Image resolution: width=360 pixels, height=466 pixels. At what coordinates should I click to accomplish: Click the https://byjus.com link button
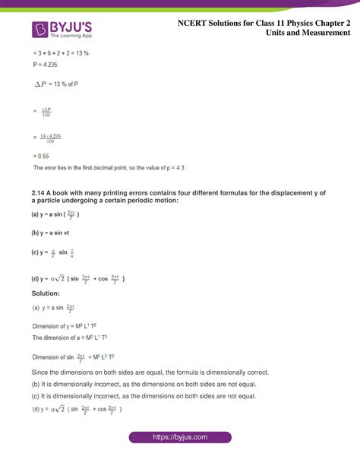(x=180, y=438)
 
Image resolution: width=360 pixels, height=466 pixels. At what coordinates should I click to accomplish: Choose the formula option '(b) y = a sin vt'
(x=52, y=233)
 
